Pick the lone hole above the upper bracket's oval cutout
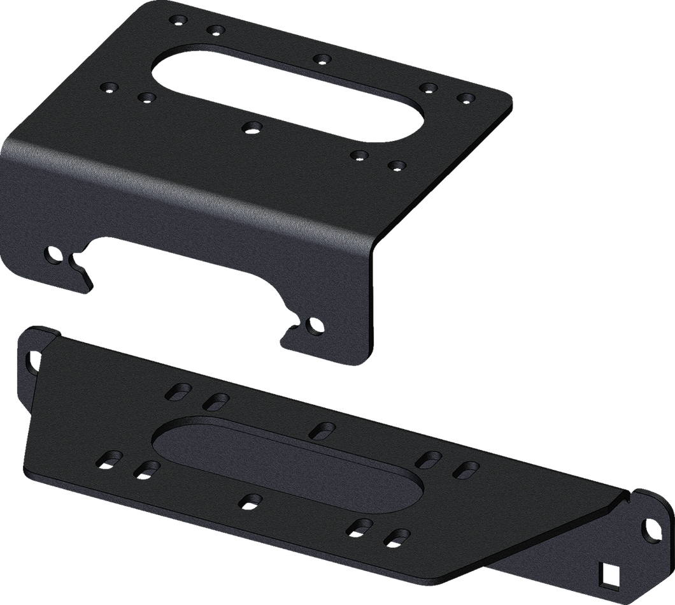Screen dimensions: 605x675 pyautogui.click(x=322, y=59)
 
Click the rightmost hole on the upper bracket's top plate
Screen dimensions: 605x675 pyautogui.click(x=467, y=98)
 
